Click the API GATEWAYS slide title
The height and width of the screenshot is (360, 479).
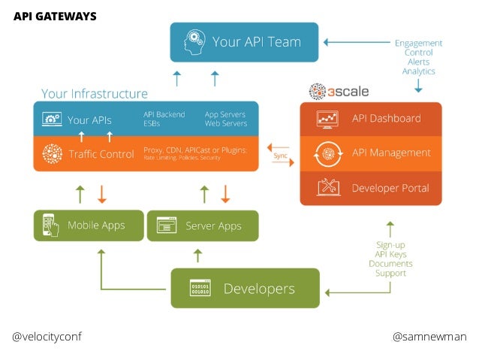pyautogui.click(x=55, y=17)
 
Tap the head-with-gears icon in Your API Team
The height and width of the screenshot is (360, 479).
pyautogui.click(x=194, y=42)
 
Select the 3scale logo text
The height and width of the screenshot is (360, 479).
pyautogui.click(x=348, y=92)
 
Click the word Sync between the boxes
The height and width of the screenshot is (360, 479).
pyautogui.click(x=280, y=156)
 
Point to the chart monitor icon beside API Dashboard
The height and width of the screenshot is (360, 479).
pyautogui.click(x=327, y=119)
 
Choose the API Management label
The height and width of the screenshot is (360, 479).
pyautogui.click(x=391, y=153)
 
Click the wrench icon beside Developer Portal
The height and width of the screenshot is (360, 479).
pyautogui.click(x=328, y=186)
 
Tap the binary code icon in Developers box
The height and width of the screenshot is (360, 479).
pyautogui.click(x=200, y=288)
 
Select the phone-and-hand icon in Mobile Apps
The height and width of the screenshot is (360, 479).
pyautogui.click(x=50, y=225)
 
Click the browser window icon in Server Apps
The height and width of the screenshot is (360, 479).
pyautogui.click(x=167, y=225)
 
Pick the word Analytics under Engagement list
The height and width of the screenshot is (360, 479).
pyautogui.click(x=418, y=71)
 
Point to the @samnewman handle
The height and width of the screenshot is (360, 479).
pyautogui.click(x=429, y=337)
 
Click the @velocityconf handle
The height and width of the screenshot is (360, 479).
pyautogui.click(x=47, y=337)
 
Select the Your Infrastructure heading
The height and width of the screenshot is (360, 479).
pyautogui.click(x=95, y=94)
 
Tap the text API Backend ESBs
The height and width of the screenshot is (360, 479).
pyautogui.click(x=164, y=119)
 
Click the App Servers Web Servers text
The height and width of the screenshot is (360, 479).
pyautogui.click(x=226, y=119)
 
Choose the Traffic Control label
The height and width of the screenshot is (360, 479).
pyautogui.click(x=101, y=154)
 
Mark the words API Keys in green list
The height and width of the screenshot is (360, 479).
pyautogui.click(x=390, y=254)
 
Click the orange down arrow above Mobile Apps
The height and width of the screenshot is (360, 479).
pyautogui.click(x=101, y=194)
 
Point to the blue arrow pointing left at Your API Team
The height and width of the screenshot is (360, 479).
pyautogui.click(x=357, y=42)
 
